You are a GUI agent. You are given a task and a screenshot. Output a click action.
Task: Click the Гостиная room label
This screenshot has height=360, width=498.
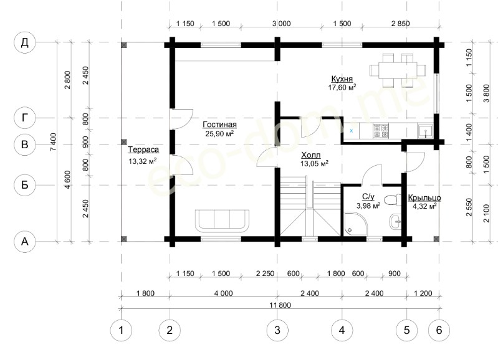(219, 125)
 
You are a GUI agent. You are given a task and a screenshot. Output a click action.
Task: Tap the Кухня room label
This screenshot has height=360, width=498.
(342, 78)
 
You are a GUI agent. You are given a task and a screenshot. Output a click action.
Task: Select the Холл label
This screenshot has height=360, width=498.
(311, 155)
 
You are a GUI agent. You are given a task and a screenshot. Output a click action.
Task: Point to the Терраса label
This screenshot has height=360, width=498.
(143, 149)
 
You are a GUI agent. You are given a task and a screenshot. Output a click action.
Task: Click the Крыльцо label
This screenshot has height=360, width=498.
(424, 198)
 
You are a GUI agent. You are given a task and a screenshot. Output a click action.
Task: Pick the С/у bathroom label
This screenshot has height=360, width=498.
(368, 197)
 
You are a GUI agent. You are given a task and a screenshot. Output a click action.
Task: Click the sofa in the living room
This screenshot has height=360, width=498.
(222, 220)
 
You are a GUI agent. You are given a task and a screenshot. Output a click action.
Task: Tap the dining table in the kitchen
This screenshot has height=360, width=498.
(398, 70)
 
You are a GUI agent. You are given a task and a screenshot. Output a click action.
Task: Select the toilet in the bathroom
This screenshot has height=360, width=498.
(392, 200)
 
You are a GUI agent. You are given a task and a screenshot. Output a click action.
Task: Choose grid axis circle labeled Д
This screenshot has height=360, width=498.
(25, 42)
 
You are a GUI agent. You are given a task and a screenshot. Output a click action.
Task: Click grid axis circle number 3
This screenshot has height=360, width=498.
(277, 331)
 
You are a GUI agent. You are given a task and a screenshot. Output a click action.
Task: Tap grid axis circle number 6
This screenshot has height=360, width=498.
(439, 331)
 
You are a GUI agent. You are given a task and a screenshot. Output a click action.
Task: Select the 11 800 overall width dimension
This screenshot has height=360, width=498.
(280, 305)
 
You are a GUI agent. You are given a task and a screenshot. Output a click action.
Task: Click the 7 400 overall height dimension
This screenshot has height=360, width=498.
(54, 142)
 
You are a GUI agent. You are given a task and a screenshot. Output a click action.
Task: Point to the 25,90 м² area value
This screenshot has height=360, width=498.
(219, 133)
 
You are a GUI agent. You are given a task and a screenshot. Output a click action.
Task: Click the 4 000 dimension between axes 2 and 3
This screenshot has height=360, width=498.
(223, 293)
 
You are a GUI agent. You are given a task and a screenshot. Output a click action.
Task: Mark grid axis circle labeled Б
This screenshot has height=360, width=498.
(25, 185)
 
